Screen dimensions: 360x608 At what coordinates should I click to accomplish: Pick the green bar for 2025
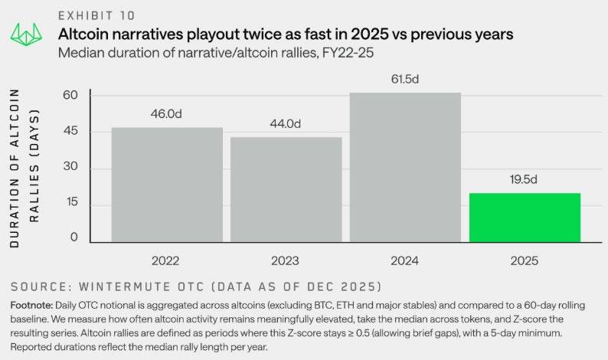pos(525,218)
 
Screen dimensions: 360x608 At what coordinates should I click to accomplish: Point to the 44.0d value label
pos(286,123)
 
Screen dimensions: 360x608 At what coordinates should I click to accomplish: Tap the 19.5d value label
pos(525,179)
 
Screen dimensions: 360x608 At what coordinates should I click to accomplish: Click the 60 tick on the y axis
pos(70,96)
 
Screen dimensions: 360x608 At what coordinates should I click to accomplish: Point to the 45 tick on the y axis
pos(70,132)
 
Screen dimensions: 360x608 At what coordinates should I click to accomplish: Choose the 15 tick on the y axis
pos(70,205)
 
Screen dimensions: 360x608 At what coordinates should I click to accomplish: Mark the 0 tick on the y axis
pos(74,238)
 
